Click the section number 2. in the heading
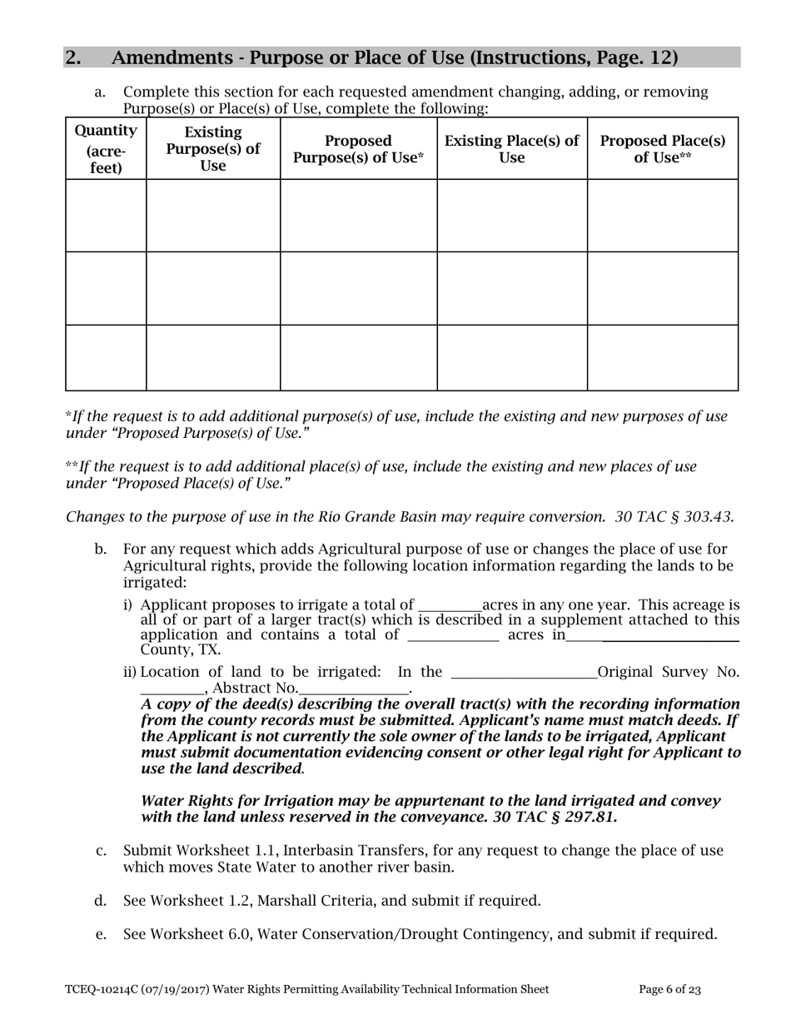point(73,57)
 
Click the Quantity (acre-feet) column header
point(106,149)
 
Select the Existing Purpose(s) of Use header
point(213,149)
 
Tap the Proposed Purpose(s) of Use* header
point(358,149)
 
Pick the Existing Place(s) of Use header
point(512,149)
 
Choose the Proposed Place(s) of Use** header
point(663,149)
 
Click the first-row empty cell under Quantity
point(106,216)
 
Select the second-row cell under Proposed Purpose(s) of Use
point(358,288)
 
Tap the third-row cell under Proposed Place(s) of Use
point(663,357)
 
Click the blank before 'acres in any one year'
point(450,606)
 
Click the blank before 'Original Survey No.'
point(523,673)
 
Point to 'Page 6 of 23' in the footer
point(669,990)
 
